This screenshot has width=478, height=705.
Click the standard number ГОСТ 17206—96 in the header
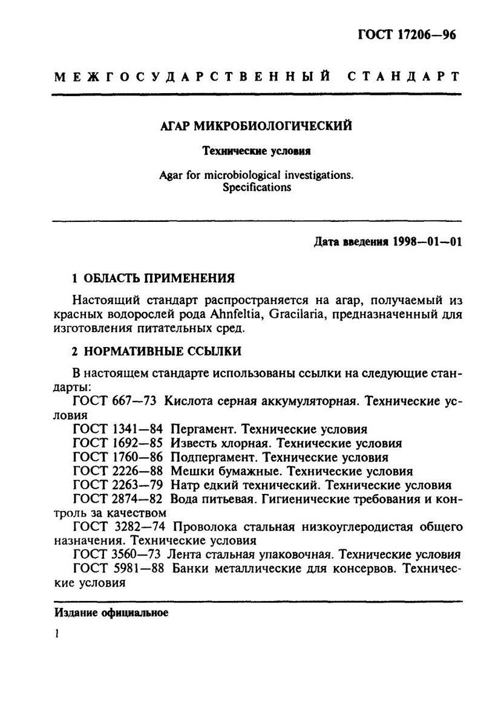(x=407, y=36)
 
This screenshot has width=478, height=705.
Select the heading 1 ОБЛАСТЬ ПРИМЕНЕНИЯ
(x=153, y=279)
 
